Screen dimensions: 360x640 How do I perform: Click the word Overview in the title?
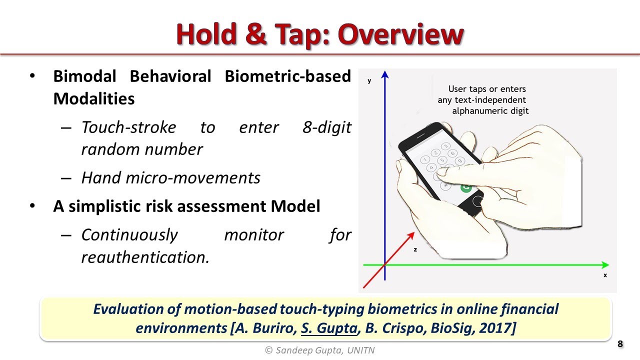(400, 34)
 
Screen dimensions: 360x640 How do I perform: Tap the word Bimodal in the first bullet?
(84, 76)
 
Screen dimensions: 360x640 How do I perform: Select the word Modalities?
(94, 98)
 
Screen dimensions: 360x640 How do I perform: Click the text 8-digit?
(326, 127)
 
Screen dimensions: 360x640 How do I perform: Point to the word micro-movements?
(199, 177)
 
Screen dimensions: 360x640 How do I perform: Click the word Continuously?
(129, 234)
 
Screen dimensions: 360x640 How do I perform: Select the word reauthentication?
(145, 257)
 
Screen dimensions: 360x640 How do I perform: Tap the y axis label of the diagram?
(369, 81)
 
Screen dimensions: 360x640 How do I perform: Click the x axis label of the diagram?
(605, 275)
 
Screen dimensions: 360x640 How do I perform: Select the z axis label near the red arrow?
(415, 249)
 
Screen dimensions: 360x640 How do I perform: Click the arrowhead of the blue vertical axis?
(384, 75)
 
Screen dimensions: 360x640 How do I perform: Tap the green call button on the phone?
(466, 188)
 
